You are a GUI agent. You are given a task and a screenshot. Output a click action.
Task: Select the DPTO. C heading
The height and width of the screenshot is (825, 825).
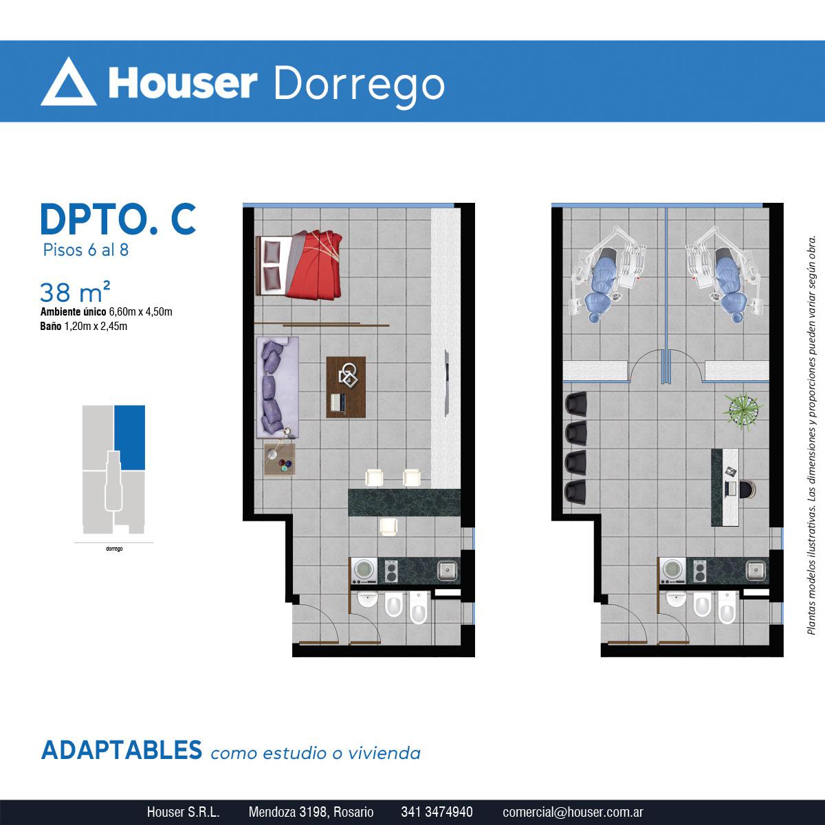pyautogui.click(x=118, y=219)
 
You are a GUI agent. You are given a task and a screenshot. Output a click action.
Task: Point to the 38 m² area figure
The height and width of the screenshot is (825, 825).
pyautogui.click(x=75, y=292)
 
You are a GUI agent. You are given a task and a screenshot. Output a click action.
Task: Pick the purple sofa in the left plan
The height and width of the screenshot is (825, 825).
pyautogui.click(x=278, y=387)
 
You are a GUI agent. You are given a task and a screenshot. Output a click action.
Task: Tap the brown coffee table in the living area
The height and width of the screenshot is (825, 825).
pyautogui.click(x=346, y=387)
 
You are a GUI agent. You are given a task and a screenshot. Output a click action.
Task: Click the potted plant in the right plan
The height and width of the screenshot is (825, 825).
pyautogui.click(x=742, y=410)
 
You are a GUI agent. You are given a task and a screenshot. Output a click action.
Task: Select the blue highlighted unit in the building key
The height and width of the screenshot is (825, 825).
pyautogui.click(x=130, y=437)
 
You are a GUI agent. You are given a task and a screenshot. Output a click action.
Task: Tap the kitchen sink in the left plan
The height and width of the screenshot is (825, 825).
pyautogui.click(x=447, y=571)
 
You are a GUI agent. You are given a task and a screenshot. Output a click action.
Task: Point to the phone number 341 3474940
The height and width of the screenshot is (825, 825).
pyautogui.click(x=437, y=812)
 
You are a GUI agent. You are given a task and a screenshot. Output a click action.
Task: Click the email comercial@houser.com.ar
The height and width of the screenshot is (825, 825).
pyautogui.click(x=573, y=812)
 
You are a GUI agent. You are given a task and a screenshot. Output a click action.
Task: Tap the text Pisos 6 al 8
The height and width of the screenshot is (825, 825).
pyautogui.click(x=86, y=250)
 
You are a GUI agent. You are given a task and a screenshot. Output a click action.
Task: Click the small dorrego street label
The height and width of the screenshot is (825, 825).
pyautogui.click(x=114, y=549)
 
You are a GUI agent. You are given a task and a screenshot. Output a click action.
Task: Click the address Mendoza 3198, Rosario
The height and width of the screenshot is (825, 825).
pyautogui.click(x=311, y=812)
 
